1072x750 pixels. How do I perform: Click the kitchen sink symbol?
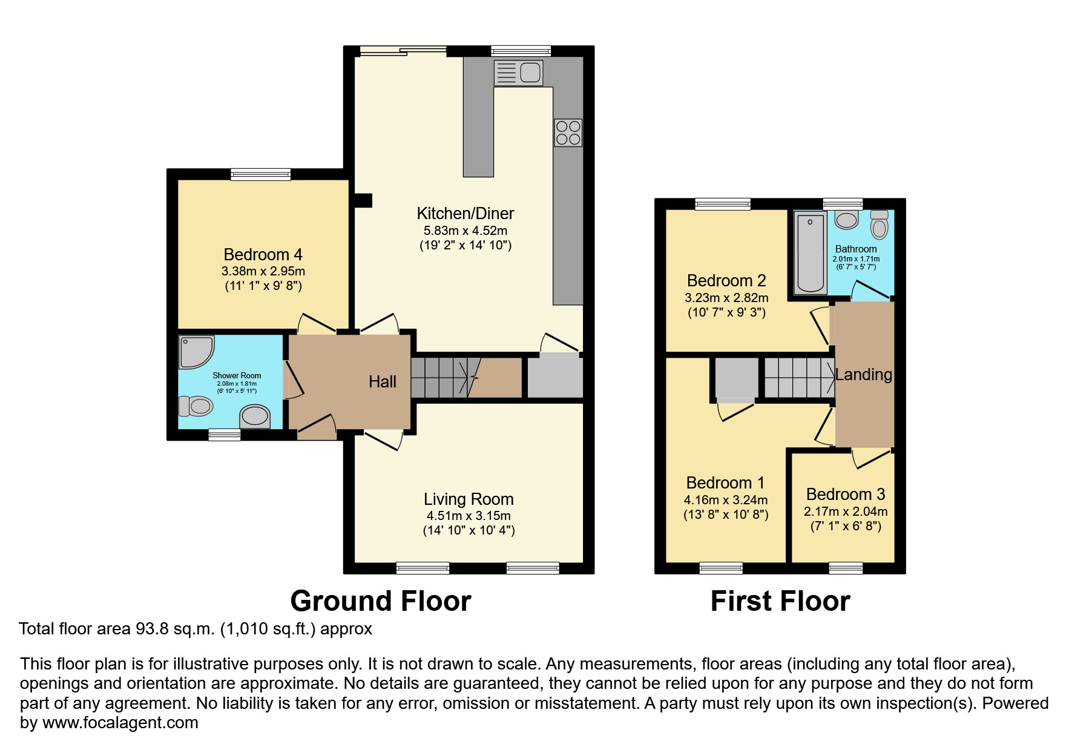coord(518,73)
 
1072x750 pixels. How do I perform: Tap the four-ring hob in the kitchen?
coord(568,133)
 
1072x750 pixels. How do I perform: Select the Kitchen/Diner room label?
coord(465,213)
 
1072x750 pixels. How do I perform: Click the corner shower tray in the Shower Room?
coord(196,352)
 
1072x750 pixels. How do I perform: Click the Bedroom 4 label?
coord(263,255)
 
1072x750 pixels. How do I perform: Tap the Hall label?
coord(383,381)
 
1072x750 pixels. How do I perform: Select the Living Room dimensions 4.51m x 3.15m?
coord(469,516)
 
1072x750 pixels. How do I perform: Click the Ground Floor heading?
coord(380,601)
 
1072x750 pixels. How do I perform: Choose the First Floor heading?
coord(780,601)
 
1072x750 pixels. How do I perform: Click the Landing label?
coord(863,375)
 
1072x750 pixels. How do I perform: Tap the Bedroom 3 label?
coord(845,495)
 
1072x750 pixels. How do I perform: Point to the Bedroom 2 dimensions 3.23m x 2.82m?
coord(726,298)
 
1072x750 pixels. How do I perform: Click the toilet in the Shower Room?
coord(195,406)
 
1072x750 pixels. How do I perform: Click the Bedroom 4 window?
coord(260,174)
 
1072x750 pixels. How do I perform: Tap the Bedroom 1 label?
coord(725,482)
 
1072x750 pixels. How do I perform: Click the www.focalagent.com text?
coord(120,723)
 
